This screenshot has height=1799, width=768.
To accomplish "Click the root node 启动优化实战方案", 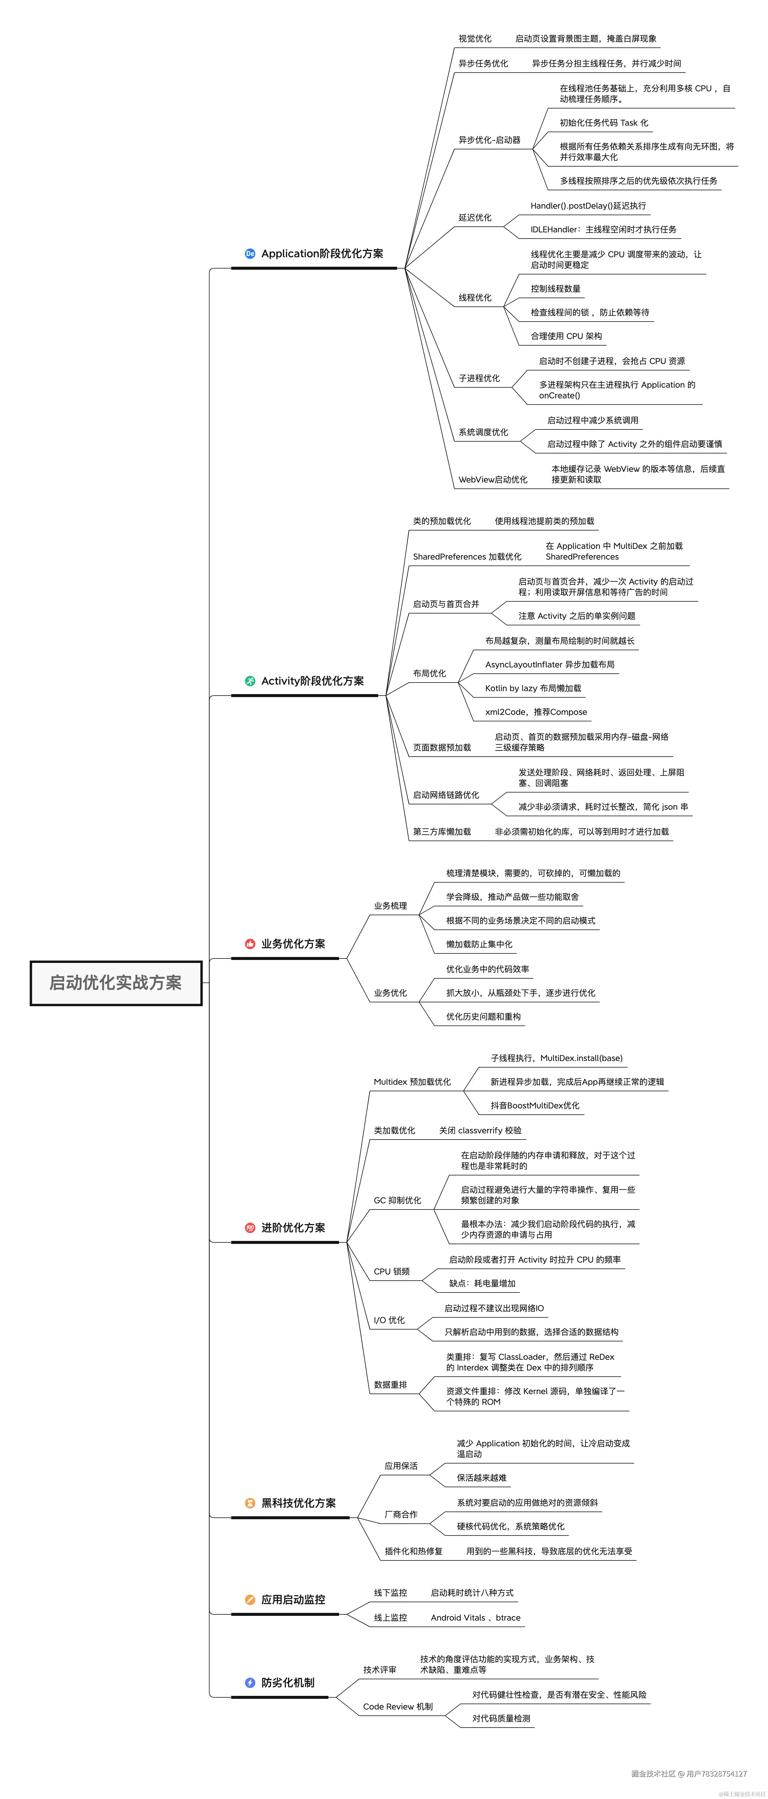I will tap(116, 982).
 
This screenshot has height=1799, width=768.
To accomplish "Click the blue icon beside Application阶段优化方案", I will tap(250, 253).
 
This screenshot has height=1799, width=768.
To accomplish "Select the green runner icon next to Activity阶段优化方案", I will tap(250, 681).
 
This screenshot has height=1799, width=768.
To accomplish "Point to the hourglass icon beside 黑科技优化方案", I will tap(250, 1503).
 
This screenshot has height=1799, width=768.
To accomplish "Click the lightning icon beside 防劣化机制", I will tap(250, 1682).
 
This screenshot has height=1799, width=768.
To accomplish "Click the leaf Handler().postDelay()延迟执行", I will tap(588, 206).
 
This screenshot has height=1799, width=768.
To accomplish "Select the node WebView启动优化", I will tap(493, 480).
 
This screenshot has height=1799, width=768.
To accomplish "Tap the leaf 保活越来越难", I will tap(482, 1478).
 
